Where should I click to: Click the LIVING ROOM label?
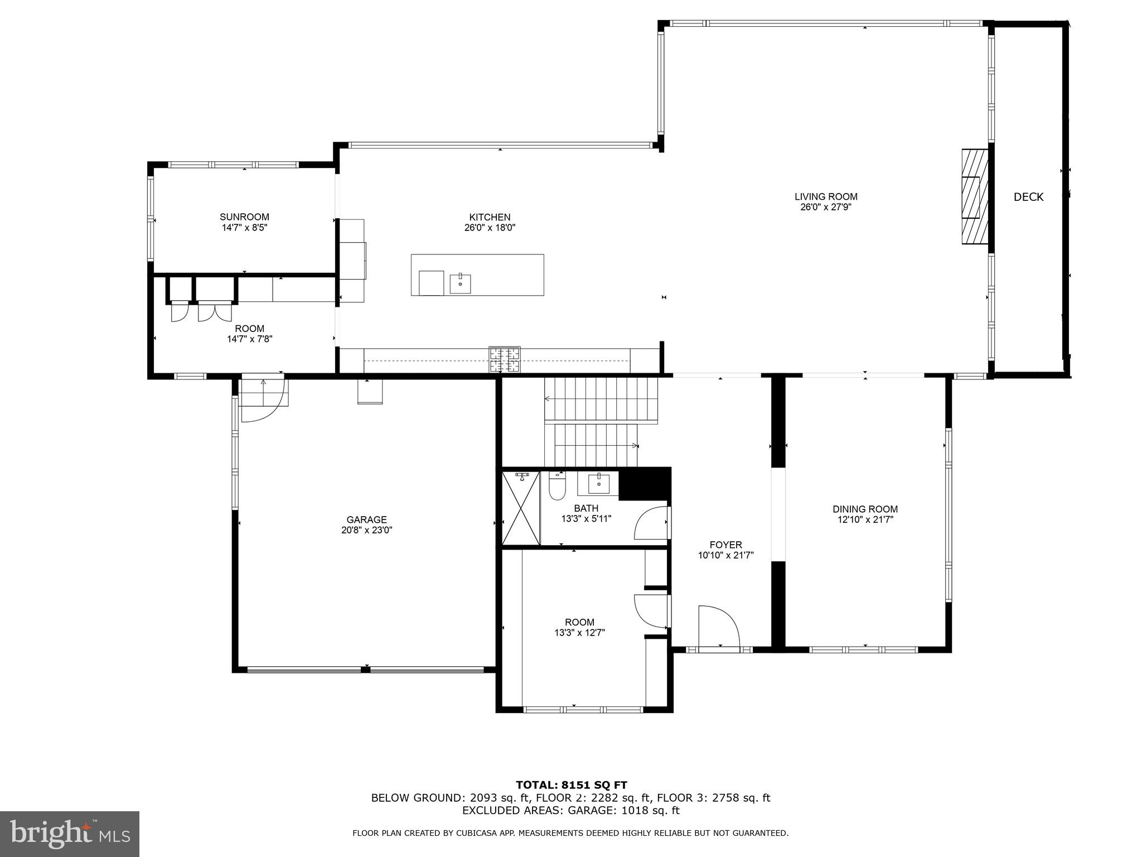pyautogui.click(x=826, y=196)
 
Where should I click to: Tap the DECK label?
pyautogui.click(x=1028, y=197)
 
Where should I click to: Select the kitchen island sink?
pyautogui.click(x=460, y=283)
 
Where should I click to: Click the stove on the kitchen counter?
pyautogui.click(x=505, y=359)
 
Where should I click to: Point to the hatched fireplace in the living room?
pyautogui.click(x=974, y=196)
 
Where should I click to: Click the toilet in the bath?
pyautogui.click(x=557, y=487)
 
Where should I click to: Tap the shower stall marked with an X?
pyautogui.click(x=521, y=508)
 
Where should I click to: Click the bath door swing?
pyautogui.click(x=651, y=523)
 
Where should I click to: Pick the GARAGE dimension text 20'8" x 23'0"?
pyautogui.click(x=367, y=531)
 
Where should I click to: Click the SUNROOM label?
pyautogui.click(x=244, y=217)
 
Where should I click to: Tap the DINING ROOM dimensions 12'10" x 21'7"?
pyautogui.click(x=865, y=519)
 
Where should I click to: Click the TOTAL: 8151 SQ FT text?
pyautogui.click(x=571, y=786)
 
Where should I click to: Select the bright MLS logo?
pyautogui.click(x=70, y=834)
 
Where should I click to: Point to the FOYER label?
pyautogui.click(x=725, y=545)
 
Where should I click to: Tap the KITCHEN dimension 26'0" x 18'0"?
pyautogui.click(x=490, y=228)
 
